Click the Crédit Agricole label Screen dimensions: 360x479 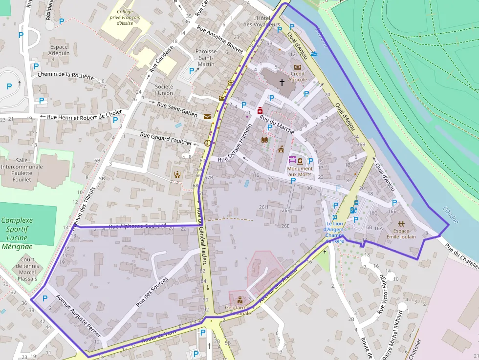(x=298, y=76)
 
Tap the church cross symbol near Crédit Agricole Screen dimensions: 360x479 (x=282, y=82)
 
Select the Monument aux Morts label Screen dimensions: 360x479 (x=300, y=171)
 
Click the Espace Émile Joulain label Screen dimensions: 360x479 (x=401, y=233)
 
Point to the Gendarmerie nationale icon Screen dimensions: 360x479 (x=240, y=300)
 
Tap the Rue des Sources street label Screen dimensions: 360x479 (x=152, y=292)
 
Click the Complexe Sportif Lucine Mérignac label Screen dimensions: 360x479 (x=17, y=233)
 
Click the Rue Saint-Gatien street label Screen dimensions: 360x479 (x=177, y=110)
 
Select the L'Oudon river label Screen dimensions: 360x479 (x=450, y=215)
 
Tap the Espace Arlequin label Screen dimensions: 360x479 (x=60, y=50)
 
